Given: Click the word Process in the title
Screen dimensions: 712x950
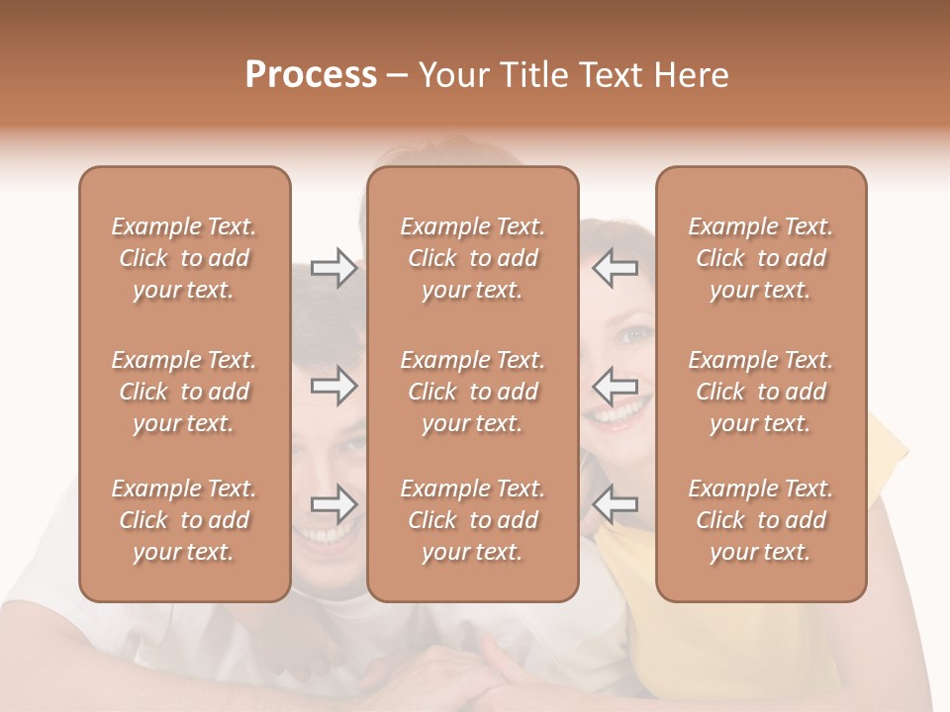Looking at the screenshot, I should [311, 75].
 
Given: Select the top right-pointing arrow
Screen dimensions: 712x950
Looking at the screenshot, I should [333, 268].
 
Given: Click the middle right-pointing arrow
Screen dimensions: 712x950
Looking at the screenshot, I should [333, 386].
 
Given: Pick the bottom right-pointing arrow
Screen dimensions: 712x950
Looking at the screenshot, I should [333, 504].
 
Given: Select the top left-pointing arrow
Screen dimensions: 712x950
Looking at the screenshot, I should [615, 268].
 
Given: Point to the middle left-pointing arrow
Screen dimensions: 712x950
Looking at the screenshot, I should [615, 386].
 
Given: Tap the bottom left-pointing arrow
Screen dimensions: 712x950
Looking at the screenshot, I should [615, 504].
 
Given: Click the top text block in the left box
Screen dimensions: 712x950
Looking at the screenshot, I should [184, 258].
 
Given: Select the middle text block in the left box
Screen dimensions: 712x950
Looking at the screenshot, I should [184, 392].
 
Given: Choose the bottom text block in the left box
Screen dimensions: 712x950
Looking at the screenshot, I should [184, 520].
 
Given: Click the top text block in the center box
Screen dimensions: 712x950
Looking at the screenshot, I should [473, 258].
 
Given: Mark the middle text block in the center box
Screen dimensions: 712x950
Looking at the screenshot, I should [473, 392].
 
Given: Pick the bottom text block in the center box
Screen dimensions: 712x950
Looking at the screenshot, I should [473, 520].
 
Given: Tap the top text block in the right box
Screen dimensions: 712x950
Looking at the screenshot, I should [761, 258].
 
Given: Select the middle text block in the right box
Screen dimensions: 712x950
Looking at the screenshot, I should [761, 392].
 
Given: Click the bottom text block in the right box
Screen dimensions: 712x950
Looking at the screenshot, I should [761, 520].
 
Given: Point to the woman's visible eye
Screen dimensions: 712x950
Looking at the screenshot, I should [632, 334].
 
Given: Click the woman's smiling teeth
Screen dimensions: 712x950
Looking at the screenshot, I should [616, 412].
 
